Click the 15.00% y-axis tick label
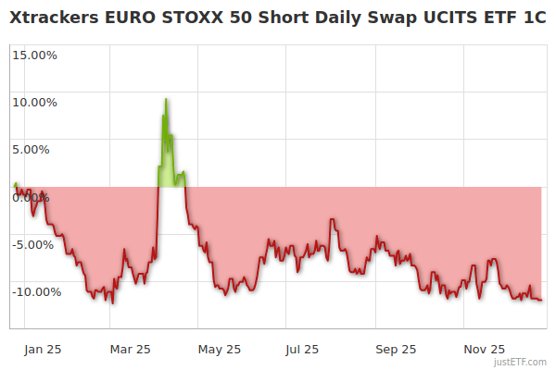point(34,55)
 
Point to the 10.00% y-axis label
point(34,102)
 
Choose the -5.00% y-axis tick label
point(35,244)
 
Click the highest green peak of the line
point(166,99)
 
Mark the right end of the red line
point(541,300)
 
